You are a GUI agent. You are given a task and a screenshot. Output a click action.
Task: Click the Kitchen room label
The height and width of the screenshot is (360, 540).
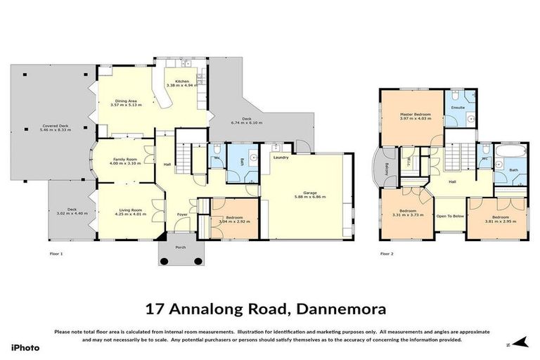point(181,81)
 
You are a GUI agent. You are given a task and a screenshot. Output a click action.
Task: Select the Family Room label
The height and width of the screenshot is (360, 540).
point(124,160)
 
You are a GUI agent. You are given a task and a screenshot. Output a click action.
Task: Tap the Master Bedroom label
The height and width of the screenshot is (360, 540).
point(415,114)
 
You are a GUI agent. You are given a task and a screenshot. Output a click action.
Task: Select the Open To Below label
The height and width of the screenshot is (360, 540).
point(450,216)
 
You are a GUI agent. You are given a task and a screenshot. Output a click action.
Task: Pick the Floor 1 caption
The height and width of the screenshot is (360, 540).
point(56,253)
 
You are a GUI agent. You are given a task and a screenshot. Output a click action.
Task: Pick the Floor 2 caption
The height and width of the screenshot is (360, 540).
point(387,253)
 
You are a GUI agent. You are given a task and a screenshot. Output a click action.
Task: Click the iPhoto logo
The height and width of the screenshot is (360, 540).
point(25,347)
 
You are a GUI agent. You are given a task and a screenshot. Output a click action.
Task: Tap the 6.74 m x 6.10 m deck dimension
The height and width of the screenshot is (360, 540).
point(247,123)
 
